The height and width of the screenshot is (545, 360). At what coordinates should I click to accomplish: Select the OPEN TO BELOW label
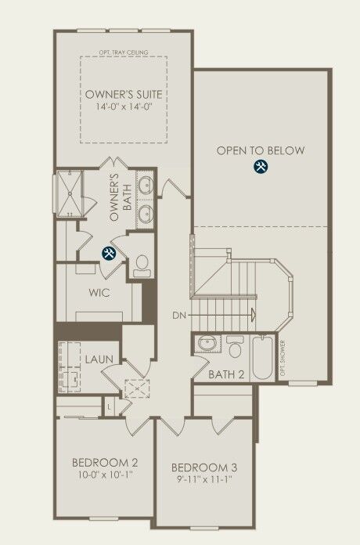click(261, 151)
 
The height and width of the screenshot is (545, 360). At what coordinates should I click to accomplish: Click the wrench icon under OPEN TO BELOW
click(261, 167)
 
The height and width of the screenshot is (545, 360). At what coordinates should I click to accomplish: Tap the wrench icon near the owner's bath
click(110, 252)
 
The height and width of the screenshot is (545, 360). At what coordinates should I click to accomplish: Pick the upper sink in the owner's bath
click(145, 187)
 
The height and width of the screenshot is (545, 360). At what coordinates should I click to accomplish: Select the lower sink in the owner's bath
click(145, 212)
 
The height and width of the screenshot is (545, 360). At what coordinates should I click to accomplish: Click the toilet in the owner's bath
click(142, 264)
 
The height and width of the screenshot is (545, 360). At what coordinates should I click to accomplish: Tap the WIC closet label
click(98, 295)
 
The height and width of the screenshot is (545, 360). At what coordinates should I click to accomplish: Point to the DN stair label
click(179, 316)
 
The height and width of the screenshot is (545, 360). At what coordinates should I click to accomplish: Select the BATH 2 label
click(227, 374)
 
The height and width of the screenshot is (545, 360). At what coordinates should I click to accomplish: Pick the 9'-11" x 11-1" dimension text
click(203, 479)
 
